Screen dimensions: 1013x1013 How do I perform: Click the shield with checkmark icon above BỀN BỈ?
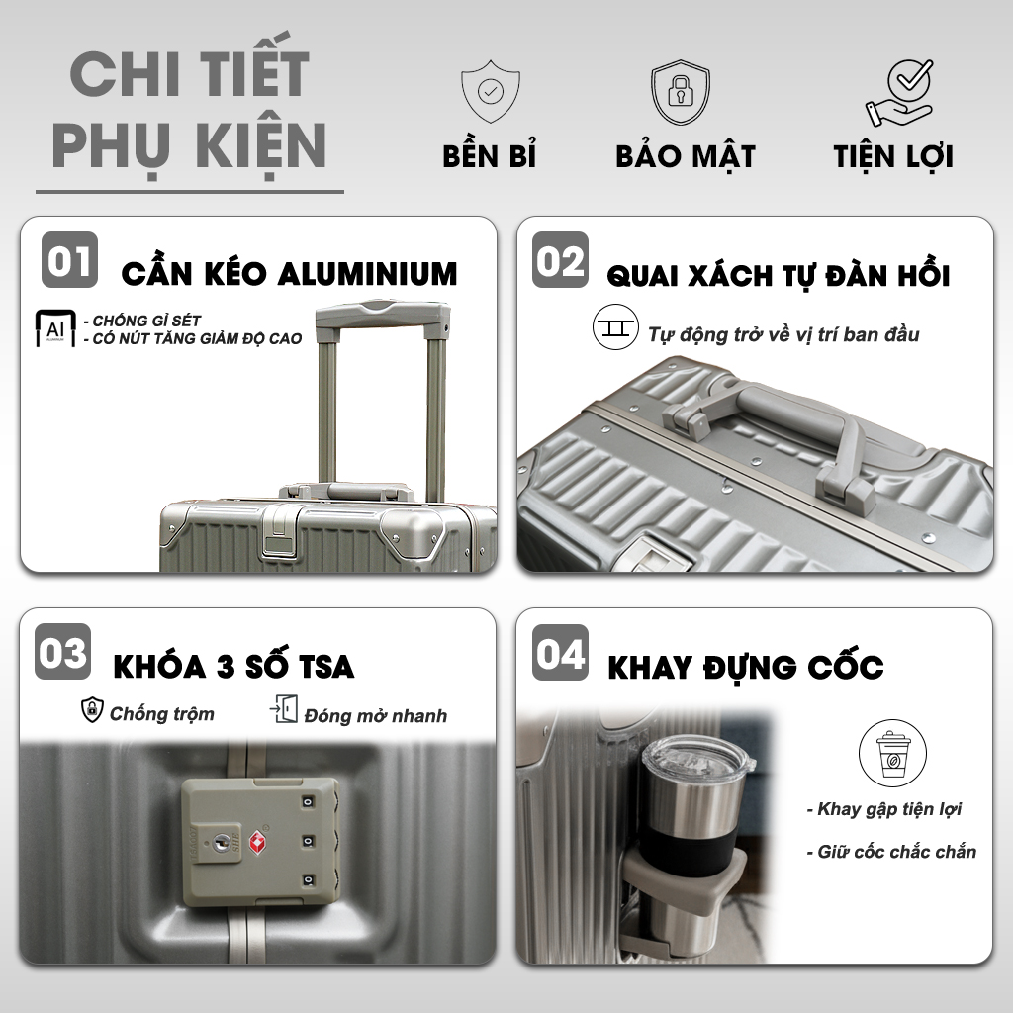coord(491,92)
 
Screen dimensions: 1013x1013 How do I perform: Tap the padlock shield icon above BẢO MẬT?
coord(681,92)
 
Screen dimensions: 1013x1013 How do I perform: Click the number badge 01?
coord(70,260)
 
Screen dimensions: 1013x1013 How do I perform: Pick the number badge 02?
coord(560,260)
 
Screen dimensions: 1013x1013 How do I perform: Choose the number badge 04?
coord(560,653)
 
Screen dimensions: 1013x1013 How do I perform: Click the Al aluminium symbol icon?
coord(55,328)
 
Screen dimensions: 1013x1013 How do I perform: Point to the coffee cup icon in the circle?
coord(892,753)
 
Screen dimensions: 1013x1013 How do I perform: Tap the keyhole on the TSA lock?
coord(222,841)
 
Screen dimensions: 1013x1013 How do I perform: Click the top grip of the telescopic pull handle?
coord(383,314)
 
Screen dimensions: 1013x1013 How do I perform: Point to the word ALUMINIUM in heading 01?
coord(368,274)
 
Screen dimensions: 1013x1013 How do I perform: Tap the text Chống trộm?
coord(161,714)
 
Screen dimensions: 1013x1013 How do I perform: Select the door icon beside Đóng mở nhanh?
coord(284,709)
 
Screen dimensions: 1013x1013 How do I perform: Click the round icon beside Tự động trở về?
coord(615,326)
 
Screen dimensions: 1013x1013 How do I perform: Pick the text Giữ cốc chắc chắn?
coord(891,852)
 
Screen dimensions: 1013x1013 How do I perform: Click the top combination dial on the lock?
coord(309,801)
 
